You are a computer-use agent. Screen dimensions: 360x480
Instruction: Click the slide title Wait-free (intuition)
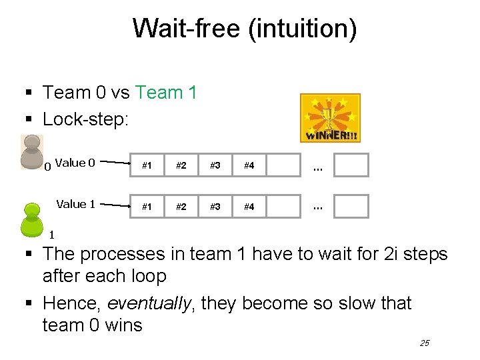(x=245, y=29)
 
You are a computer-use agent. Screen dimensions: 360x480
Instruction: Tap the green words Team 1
(x=166, y=93)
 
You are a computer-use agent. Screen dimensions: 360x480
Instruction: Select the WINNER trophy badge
(x=330, y=118)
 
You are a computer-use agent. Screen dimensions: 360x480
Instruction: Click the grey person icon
(x=31, y=151)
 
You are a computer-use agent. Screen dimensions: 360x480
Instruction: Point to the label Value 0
(x=75, y=163)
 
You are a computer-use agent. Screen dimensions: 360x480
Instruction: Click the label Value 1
(x=75, y=204)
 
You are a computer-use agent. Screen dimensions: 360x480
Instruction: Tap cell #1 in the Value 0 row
(x=147, y=165)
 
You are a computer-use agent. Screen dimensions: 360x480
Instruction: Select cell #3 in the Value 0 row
(x=215, y=165)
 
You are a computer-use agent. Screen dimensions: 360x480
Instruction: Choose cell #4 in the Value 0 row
(x=249, y=165)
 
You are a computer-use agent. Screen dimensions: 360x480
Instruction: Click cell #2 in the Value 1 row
(x=181, y=207)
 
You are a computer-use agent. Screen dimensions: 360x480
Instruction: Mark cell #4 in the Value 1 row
(x=249, y=207)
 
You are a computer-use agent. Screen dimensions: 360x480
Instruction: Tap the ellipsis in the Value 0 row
(x=317, y=167)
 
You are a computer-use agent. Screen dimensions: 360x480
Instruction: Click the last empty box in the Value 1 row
(x=351, y=207)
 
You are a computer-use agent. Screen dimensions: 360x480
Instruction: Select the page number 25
(x=425, y=343)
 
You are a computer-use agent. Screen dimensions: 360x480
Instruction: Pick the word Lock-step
(x=85, y=119)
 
